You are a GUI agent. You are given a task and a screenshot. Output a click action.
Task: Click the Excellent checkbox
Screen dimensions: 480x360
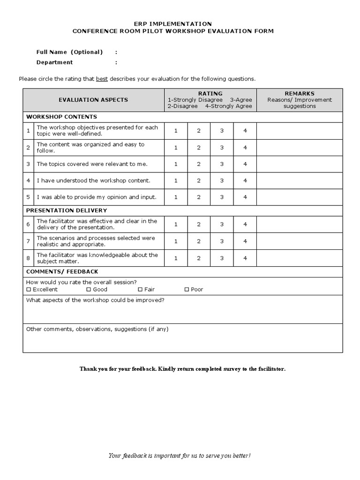(29, 290)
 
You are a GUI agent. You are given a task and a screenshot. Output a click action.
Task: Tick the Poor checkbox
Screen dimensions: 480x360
(187, 290)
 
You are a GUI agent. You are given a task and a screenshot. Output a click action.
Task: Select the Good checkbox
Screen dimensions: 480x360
(89, 290)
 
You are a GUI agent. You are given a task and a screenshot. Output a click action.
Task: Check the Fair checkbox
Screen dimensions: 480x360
(140, 290)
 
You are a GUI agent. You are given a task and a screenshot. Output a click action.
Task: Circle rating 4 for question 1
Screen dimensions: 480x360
(245, 131)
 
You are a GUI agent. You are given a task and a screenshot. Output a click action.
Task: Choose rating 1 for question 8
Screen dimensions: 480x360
(176, 258)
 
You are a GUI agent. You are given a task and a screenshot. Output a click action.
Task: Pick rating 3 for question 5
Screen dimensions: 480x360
(222, 197)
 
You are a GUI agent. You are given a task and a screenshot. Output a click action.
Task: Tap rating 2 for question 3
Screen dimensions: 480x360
(199, 164)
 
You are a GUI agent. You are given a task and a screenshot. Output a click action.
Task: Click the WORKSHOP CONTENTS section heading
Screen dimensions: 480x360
(61, 117)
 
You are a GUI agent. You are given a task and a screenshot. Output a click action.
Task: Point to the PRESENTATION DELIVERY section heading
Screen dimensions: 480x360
(67, 210)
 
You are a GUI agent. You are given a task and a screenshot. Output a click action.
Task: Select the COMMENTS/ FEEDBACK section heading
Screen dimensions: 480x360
(62, 272)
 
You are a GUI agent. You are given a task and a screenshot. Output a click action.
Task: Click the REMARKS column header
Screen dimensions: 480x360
(300, 94)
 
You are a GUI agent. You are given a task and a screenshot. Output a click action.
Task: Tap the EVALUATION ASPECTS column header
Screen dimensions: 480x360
(93, 100)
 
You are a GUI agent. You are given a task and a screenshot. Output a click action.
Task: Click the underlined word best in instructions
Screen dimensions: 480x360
(102, 79)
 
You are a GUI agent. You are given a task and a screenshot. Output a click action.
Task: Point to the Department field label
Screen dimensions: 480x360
(54, 62)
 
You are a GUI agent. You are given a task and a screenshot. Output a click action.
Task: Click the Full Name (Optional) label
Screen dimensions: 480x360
(69, 52)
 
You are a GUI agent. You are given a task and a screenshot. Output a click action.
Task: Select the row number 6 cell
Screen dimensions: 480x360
(28, 225)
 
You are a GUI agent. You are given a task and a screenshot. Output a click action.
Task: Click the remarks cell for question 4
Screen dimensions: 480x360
(300, 180)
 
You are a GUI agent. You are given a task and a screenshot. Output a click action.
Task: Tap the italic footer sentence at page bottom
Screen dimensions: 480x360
(180, 456)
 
